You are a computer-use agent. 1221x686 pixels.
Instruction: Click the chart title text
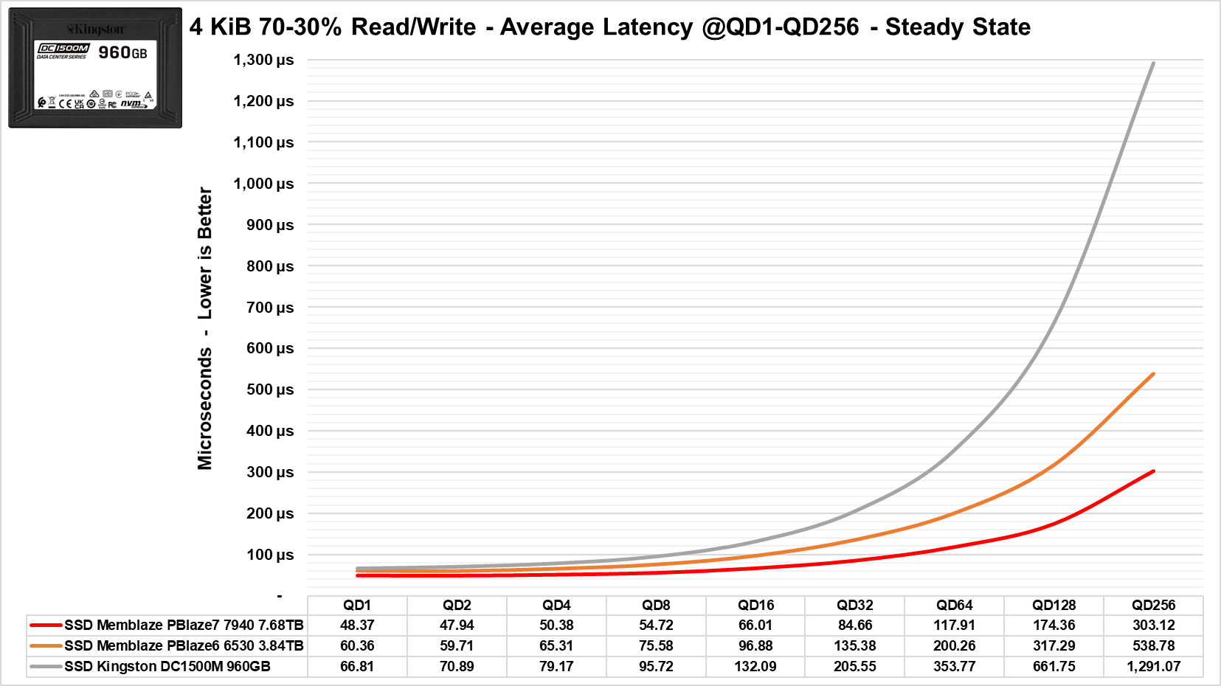[x=609, y=27]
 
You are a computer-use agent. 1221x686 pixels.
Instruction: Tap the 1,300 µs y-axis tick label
[x=263, y=60]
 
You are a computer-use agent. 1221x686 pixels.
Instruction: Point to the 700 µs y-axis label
[x=269, y=308]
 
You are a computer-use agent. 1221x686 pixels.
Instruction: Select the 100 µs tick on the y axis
[x=269, y=555]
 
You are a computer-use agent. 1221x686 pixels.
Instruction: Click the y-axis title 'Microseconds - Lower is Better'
[x=205, y=328]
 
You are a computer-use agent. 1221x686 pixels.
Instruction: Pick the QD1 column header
[x=357, y=605]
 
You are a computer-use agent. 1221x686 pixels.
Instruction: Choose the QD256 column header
[x=1153, y=605]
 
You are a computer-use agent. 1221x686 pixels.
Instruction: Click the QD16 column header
[x=755, y=605]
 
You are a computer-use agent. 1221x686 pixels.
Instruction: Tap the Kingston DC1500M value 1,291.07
[x=1153, y=666]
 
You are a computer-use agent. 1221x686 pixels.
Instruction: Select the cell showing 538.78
[x=1153, y=645]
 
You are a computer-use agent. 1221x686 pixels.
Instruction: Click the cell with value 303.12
[x=1153, y=625]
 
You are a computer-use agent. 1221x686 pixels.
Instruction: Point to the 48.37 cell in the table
[x=357, y=625]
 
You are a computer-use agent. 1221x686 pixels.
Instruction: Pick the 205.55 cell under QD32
[x=855, y=666]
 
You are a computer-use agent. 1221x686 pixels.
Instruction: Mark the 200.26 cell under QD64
[x=955, y=645]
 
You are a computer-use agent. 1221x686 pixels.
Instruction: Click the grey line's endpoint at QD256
[x=1153, y=63]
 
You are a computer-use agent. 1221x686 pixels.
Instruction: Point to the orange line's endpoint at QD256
[x=1153, y=374]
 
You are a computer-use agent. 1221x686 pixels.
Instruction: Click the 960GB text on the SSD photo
[x=122, y=52]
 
